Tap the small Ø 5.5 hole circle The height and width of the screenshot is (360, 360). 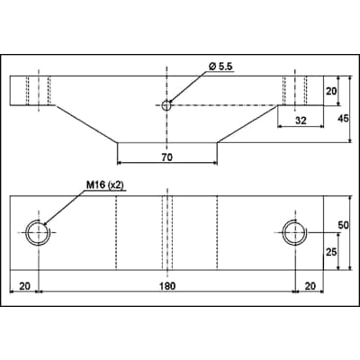[166, 105]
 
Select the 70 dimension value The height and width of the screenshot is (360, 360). [166, 156]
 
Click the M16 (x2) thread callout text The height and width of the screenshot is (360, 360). [105, 185]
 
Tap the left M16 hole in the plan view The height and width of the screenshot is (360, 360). [38, 232]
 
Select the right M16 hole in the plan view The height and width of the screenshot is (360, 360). [294, 232]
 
